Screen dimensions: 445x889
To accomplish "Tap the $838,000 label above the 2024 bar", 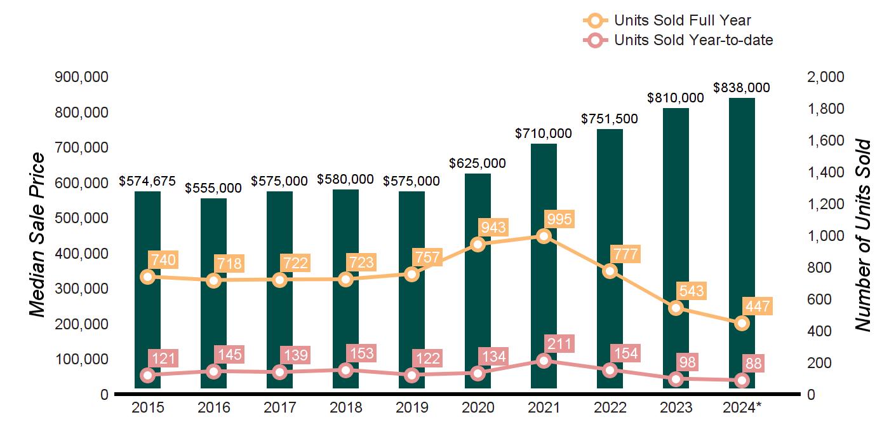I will pos(742,88).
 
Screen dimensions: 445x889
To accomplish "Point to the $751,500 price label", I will pos(610,119).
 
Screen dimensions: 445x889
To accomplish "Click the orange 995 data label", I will pos(559,220).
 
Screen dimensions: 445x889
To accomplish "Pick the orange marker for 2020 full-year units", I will pos(478,244).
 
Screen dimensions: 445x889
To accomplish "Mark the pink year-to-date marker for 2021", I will pos(544,360).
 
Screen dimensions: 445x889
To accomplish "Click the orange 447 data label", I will pos(757,307).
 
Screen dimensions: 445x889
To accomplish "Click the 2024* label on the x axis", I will pos(742,407).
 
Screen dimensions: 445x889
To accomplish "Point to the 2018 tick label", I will pos(346,407).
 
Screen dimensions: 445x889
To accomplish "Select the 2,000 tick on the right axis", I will pos(825,77).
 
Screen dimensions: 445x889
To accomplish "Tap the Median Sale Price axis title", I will pos(38,235).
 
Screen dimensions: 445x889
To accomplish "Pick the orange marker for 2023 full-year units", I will pos(676,308).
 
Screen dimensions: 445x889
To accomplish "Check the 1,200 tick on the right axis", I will pos(825,204).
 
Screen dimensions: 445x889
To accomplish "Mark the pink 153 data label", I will pos(361,353).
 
